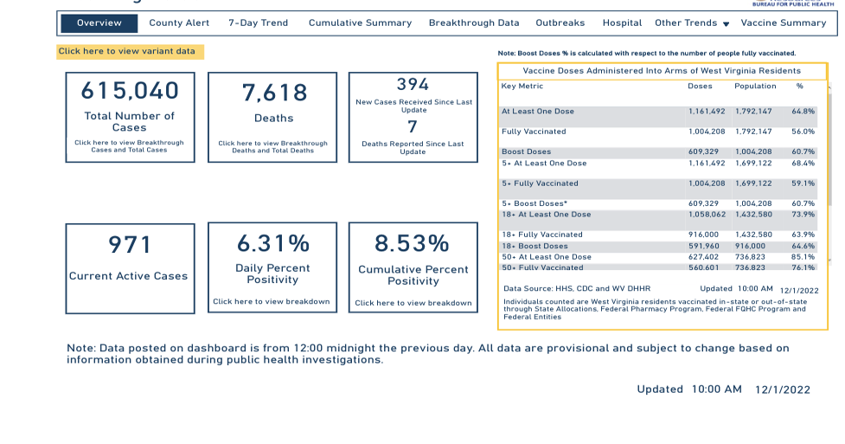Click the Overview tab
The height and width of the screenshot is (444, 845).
(99, 23)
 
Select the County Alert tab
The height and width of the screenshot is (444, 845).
(179, 23)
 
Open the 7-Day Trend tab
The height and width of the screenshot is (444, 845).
(259, 23)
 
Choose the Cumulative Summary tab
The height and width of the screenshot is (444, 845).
(360, 23)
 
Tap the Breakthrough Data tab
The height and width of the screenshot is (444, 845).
(474, 23)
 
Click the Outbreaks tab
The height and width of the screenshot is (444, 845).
(560, 23)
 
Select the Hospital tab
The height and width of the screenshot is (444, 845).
(622, 23)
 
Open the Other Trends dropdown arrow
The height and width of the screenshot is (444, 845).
(726, 24)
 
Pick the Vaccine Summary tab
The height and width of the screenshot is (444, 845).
(784, 23)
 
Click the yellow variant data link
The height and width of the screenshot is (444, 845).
(130, 52)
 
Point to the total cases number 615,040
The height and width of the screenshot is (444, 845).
(130, 91)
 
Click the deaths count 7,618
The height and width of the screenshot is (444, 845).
(274, 93)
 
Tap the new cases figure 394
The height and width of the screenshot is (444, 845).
(413, 85)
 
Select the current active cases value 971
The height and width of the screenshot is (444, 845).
(130, 246)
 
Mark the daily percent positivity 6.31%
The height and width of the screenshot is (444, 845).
(273, 243)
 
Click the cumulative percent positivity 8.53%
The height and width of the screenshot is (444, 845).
(412, 243)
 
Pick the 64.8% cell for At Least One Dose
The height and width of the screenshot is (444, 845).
(803, 112)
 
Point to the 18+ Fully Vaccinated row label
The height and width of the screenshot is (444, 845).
(542, 235)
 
